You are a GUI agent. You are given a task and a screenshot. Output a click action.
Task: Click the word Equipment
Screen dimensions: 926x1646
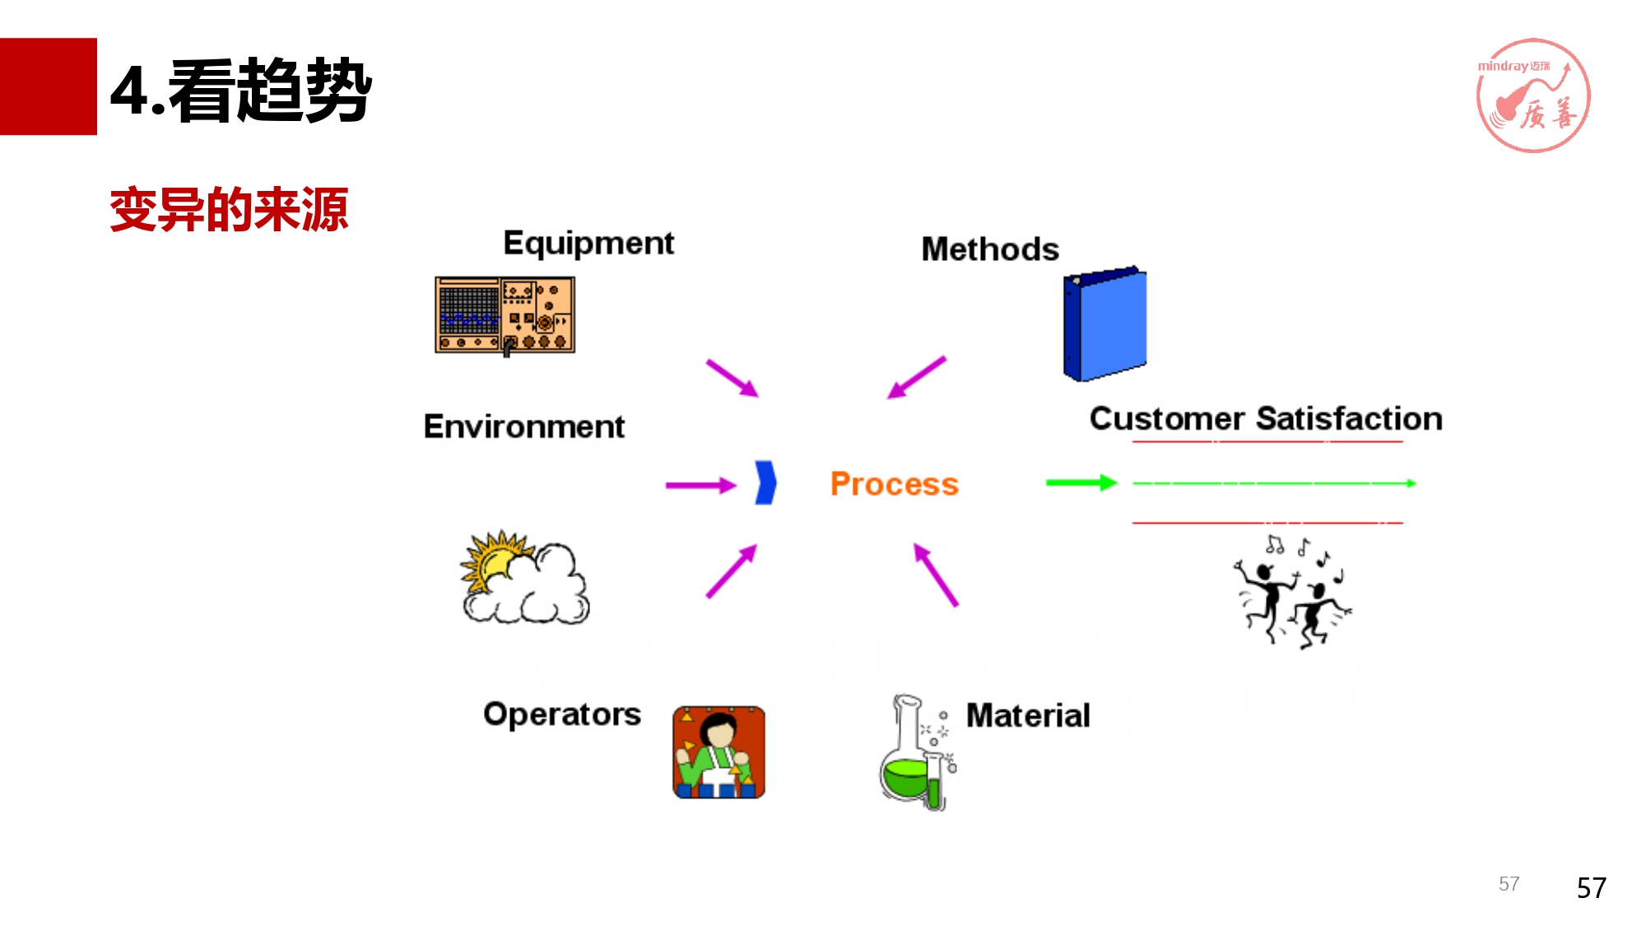588,244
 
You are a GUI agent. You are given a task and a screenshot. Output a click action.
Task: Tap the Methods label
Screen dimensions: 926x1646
989,249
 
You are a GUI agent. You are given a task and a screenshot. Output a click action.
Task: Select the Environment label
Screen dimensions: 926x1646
523,427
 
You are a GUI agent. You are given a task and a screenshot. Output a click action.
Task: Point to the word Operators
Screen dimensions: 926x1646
561,714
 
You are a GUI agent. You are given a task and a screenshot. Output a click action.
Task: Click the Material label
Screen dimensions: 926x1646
1027,716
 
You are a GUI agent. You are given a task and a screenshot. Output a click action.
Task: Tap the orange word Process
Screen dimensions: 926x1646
894,484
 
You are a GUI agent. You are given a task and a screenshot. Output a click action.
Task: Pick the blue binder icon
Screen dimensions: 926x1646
1104,324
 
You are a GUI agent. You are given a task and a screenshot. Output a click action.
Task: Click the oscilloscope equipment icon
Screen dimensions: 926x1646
504,315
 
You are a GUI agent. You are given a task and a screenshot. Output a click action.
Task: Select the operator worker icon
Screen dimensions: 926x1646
718,752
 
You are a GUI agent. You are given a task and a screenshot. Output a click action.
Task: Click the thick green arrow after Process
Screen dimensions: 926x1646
1081,483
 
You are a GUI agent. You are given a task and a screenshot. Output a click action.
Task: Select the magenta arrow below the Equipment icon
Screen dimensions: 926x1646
732,378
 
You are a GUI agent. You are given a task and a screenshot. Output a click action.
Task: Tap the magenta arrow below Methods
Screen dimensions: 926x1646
916,378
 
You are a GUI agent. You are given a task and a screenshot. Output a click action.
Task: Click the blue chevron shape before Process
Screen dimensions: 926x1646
765,482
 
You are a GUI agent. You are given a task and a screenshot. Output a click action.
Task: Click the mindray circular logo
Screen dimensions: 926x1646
1532,95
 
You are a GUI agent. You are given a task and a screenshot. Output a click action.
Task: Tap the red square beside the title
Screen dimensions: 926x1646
49,86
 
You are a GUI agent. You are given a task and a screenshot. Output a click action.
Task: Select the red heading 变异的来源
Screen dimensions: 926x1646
229,210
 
